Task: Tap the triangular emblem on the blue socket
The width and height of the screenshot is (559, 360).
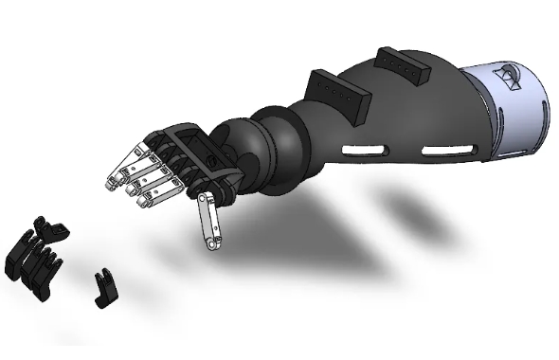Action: pyautogui.click(x=512, y=77)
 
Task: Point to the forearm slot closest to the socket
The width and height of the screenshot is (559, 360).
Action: pyautogui.click(x=445, y=150)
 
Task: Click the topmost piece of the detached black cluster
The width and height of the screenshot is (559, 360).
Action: pyautogui.click(x=48, y=226)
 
